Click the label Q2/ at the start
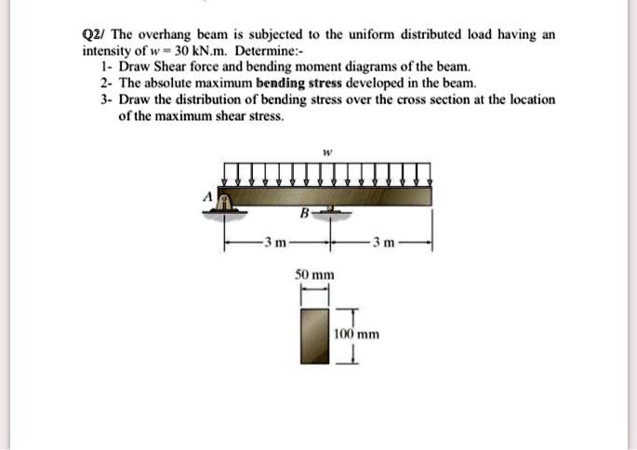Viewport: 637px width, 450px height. pyautogui.click(x=93, y=34)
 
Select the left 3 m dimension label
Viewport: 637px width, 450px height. pyautogui.click(x=275, y=244)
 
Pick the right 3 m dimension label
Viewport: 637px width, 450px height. pyautogui.click(x=384, y=244)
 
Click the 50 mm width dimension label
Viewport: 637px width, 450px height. pyautogui.click(x=314, y=275)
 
